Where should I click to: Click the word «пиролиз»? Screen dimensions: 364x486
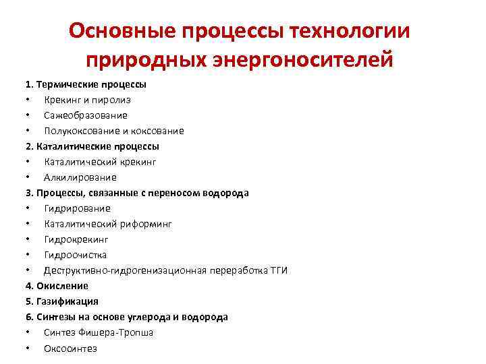[113, 100]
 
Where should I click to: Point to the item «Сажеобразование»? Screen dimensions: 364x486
[86, 115]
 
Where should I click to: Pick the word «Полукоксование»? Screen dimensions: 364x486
[78, 131]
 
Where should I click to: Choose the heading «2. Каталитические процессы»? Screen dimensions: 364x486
[92, 146]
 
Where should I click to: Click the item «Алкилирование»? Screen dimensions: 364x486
[80, 177]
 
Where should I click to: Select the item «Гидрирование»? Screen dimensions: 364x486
[78, 208]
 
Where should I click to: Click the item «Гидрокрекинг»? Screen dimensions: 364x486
[76, 239]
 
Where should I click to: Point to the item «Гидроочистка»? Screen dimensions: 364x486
[76, 255]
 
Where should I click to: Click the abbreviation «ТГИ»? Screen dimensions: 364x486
[278, 270]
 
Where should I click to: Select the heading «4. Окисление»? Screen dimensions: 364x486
[57, 286]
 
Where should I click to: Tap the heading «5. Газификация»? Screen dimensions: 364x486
[62, 301]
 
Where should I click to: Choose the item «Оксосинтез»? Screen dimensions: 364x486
[71, 348]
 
